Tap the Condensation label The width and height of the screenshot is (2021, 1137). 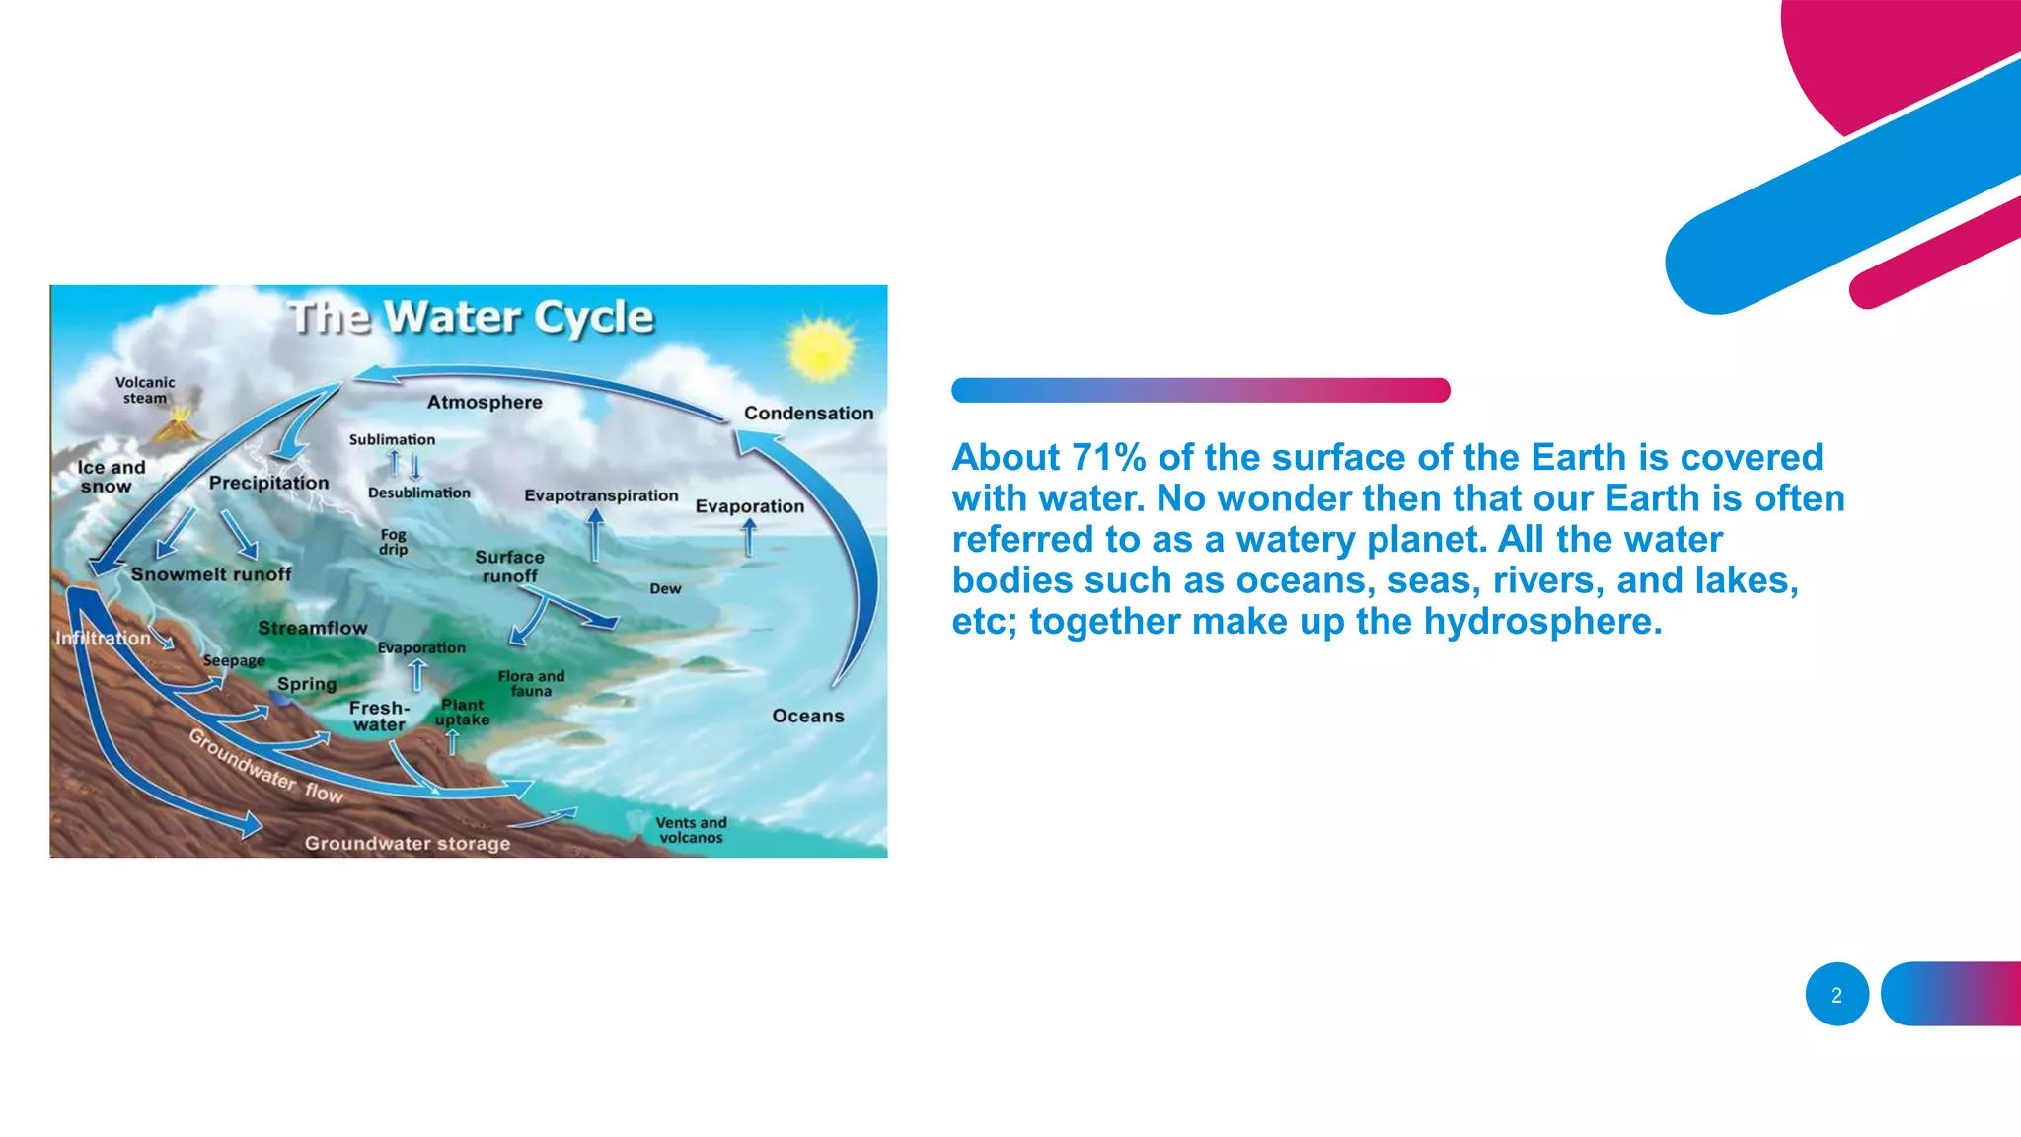click(808, 414)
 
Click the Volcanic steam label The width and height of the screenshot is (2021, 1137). click(145, 390)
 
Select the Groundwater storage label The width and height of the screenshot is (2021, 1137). click(407, 843)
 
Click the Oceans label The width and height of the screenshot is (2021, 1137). click(807, 716)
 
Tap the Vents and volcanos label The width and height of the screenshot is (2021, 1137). click(691, 830)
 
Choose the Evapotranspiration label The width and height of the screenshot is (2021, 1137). click(601, 495)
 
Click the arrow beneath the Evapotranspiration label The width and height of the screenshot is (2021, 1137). click(595, 535)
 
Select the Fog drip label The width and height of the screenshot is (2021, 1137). click(393, 541)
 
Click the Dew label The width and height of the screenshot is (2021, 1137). click(665, 588)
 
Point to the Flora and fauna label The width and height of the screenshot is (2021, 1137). click(531, 683)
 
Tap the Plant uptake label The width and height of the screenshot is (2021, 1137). click(462, 712)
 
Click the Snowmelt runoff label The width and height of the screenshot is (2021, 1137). click(211, 574)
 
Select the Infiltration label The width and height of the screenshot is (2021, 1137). click(103, 638)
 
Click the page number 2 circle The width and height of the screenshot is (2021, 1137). click(1836, 995)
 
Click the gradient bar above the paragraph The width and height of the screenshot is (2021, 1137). click(1200, 390)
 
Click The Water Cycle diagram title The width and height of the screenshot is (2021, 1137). click(471, 318)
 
